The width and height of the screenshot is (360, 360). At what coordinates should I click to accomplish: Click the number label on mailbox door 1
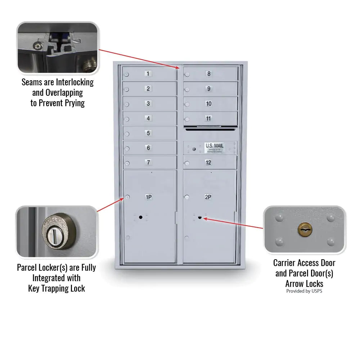point(148,74)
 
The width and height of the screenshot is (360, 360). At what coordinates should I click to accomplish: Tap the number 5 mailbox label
point(148,133)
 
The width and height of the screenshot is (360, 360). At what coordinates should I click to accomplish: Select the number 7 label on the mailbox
point(148,163)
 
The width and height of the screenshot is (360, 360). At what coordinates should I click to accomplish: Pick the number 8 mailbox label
point(208,74)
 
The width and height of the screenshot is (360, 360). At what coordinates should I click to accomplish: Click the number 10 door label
point(208,104)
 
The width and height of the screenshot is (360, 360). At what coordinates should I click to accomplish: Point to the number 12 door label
point(208,163)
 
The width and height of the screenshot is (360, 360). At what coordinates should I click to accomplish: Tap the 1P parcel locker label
point(148,197)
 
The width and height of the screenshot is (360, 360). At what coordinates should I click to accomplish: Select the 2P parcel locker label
point(208,197)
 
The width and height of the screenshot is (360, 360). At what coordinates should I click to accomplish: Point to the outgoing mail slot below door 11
point(210,129)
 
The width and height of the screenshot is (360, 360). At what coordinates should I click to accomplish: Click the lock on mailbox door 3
point(127,104)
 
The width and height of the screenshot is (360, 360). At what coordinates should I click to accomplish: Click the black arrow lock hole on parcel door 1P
point(140,217)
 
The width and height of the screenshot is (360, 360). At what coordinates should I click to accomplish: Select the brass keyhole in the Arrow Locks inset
point(305,229)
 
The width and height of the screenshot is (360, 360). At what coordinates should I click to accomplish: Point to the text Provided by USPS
point(304,291)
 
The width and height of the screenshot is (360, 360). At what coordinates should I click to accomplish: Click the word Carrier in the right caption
point(286,263)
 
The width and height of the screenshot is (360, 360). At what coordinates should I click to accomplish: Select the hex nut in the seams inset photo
point(36,46)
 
